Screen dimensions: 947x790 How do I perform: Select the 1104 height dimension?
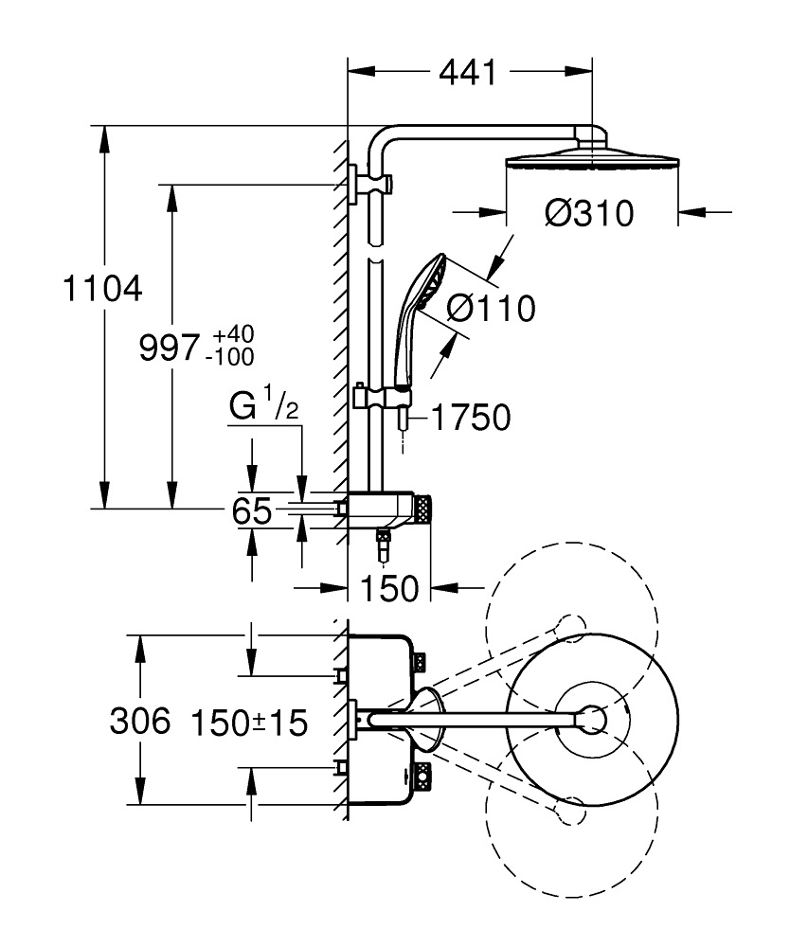pos(101,288)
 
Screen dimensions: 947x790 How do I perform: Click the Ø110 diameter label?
pos(490,308)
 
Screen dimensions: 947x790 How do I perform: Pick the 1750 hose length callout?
pos(471,417)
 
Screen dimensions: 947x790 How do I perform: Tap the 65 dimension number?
pos(252,511)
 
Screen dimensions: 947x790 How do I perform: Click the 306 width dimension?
pos(139,723)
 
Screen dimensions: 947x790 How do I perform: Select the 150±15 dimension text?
pos(249,724)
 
